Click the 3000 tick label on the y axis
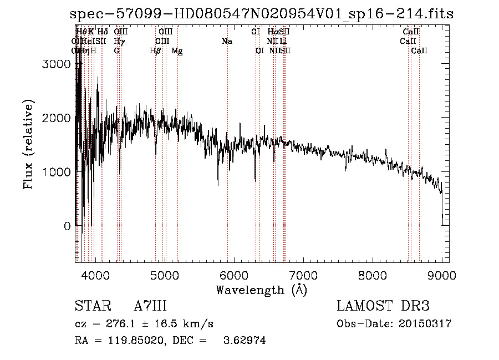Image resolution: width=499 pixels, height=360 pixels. pyautogui.click(x=57, y=64)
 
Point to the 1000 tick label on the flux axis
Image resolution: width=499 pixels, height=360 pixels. pyautogui.click(x=57, y=173)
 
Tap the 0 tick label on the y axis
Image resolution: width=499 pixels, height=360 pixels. pyautogui.click(x=67, y=226)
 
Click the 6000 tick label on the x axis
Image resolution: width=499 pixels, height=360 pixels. pyautogui.click(x=233, y=276)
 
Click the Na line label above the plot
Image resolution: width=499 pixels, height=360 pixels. pyautogui.click(x=226, y=41)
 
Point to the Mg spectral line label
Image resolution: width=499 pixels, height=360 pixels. pyautogui.click(x=177, y=51)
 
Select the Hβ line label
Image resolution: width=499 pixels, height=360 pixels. pyautogui.click(x=155, y=50)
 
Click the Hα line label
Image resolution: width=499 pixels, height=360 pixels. pyautogui.click(x=272, y=32)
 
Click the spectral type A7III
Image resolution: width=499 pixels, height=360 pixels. pyautogui.click(x=150, y=306)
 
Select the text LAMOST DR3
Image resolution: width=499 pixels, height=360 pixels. pyautogui.click(x=383, y=306)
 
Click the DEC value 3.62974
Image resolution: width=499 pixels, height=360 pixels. pyautogui.click(x=246, y=341)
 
